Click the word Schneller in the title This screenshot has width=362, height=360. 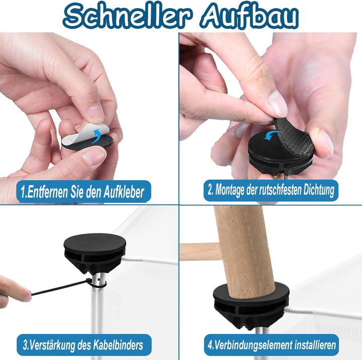coord(127,16)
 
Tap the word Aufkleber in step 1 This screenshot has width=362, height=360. coord(124,192)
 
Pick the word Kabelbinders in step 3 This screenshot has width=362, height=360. coord(118,345)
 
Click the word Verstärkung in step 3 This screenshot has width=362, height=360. coord(52,345)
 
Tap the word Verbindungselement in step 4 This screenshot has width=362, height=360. coord(250,345)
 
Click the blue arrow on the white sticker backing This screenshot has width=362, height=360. coord(98,136)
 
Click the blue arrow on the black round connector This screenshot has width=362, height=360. coord(271,135)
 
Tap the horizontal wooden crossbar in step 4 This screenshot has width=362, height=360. coord(200,251)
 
